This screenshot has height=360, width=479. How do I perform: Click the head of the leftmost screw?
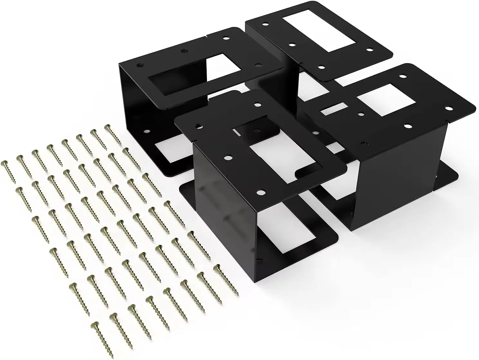[x=4, y=163]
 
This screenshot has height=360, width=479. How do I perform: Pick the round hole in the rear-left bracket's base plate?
[x=147, y=132]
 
